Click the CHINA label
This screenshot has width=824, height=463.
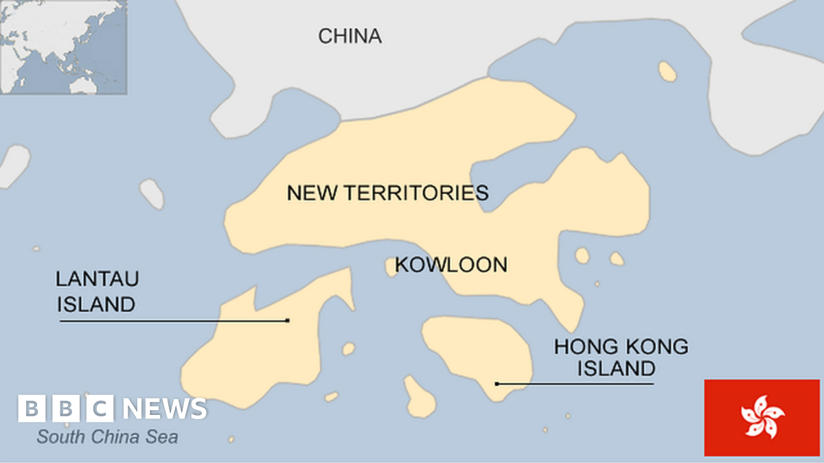pos(350,36)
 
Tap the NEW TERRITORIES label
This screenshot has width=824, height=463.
pos(387,193)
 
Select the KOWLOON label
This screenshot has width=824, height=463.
pos(451,264)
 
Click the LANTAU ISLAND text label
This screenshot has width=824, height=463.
pos(97,292)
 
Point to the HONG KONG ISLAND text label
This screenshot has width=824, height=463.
pos(621,357)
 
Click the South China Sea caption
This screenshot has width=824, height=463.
pos(108,436)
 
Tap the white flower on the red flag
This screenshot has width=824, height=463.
pos(762,417)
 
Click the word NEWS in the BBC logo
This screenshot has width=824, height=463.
pos(165,409)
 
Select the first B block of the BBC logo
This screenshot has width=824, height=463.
pos(32,409)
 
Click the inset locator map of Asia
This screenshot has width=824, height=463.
pos(64,47)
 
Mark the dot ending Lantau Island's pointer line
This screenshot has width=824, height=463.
pos(287,320)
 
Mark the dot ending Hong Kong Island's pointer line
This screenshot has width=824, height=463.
pos(497,384)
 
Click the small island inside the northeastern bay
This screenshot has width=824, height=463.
pos(667,71)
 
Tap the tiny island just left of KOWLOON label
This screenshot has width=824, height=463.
pos(391,266)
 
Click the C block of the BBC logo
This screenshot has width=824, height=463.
pos(100,409)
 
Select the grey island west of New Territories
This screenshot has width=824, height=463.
pos(152,194)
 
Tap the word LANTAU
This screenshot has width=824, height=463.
pos(97,279)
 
